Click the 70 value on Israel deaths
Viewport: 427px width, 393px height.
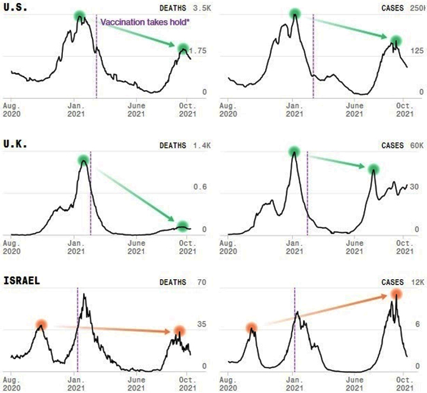(202, 283)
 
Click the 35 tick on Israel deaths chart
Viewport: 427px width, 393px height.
(202, 325)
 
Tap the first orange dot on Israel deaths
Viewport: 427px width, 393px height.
(40, 324)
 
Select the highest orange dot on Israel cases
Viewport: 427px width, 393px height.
(396, 294)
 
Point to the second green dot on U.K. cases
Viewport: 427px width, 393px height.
(373, 169)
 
